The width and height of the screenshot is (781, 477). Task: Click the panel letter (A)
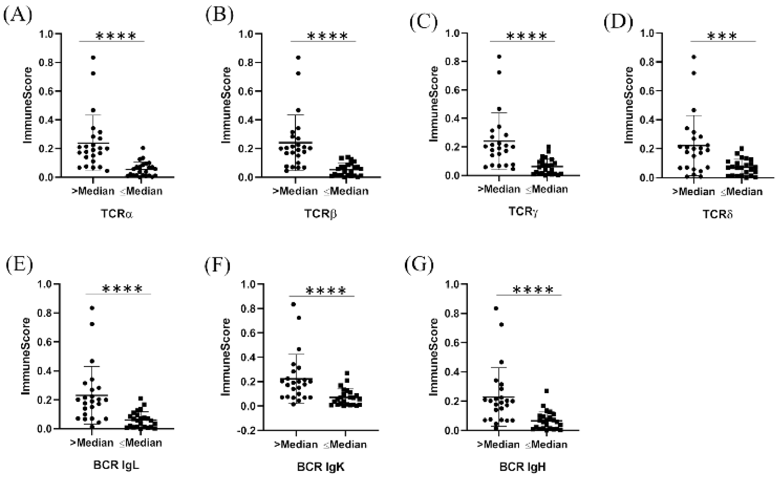coord(18,16)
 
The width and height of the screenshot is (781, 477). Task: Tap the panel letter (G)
coord(419,265)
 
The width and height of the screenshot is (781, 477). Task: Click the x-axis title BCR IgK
coord(321,467)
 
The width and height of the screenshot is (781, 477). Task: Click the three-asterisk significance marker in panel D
coord(722,36)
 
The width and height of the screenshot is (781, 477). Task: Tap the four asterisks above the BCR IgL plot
coord(123,289)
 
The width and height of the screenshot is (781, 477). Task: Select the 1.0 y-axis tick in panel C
coord(453,33)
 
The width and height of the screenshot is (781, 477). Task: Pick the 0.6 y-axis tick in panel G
coord(453,343)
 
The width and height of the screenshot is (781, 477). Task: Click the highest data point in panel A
coord(93,57)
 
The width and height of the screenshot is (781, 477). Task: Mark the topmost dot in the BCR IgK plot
coord(294,304)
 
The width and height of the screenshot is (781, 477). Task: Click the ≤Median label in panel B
coord(346,191)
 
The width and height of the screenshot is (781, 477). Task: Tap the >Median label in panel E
coord(92,442)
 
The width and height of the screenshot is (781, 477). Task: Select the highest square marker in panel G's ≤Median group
coord(547,391)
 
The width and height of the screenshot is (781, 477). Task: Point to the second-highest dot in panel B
coord(298,73)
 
